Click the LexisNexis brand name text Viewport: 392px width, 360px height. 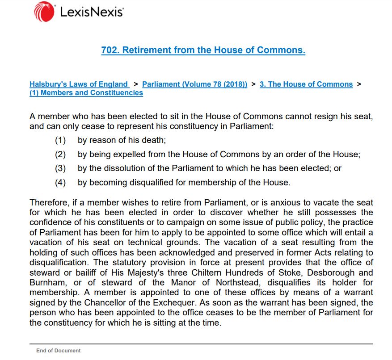91,13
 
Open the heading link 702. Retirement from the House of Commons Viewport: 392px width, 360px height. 203,50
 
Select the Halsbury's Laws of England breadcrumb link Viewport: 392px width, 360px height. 79,84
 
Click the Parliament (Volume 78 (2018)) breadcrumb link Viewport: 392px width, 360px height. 194,84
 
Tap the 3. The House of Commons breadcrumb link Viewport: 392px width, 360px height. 306,84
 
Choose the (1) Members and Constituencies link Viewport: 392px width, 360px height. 86,93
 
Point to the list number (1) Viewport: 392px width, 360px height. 60,140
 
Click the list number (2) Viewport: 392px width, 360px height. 60,155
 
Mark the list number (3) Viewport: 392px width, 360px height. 60,168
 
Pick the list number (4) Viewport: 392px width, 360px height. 60,182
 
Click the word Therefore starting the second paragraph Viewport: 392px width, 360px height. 50,203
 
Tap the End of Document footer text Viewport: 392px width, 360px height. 59,351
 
